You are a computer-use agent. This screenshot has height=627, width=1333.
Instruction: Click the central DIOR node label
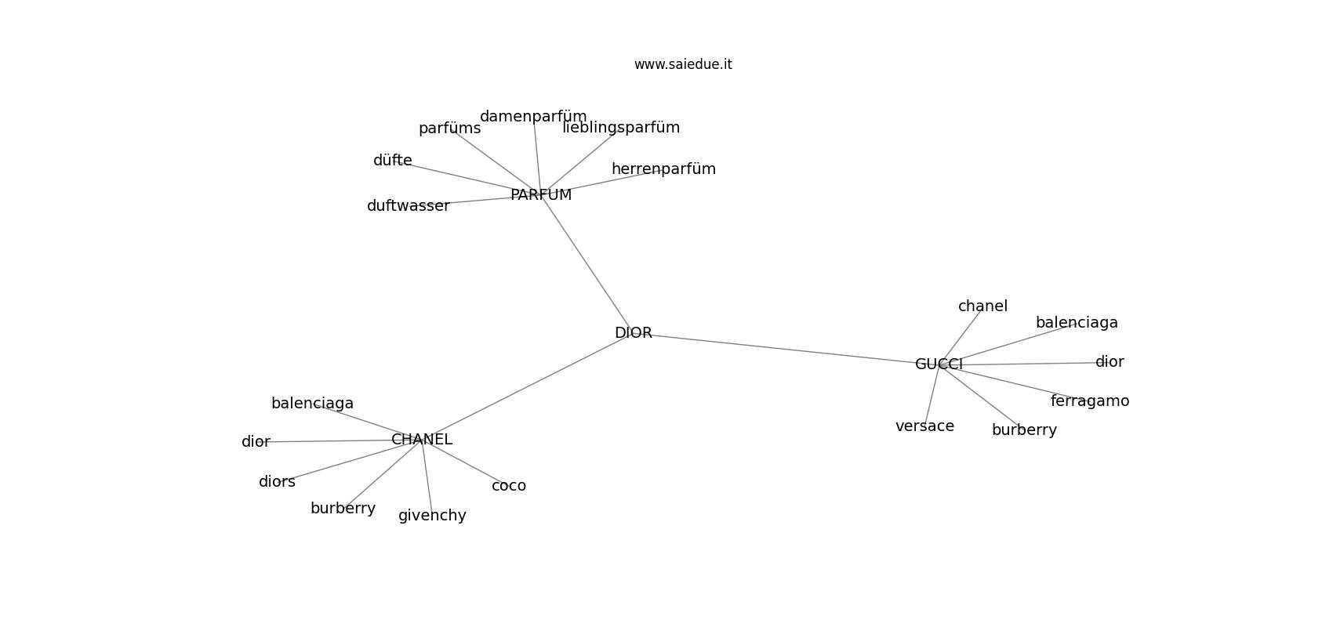(x=634, y=333)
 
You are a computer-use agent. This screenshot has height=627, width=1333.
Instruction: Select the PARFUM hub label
(x=541, y=195)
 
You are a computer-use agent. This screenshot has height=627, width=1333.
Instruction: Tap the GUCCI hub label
(x=939, y=364)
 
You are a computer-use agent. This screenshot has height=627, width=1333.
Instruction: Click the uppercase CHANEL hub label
(x=422, y=440)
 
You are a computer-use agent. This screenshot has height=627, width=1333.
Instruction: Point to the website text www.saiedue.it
(x=683, y=64)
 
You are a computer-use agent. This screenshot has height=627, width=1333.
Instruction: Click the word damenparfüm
(x=533, y=117)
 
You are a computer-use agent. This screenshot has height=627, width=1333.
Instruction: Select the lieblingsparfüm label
(x=621, y=128)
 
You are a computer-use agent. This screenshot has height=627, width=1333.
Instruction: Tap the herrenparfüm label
(x=663, y=169)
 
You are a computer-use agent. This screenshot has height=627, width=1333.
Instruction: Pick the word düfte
(x=393, y=161)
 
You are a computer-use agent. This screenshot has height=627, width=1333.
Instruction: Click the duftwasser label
(x=409, y=206)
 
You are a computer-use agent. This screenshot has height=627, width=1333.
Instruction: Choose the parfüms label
(x=449, y=129)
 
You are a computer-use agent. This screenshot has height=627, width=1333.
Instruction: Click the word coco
(x=509, y=486)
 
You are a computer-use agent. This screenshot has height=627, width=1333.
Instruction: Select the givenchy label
(x=432, y=516)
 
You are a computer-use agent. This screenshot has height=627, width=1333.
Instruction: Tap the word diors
(x=277, y=482)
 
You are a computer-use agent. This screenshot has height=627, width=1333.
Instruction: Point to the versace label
(x=924, y=426)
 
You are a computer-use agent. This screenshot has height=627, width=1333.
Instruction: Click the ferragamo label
(x=1090, y=401)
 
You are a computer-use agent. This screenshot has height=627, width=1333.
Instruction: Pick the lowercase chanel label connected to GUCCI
(x=982, y=306)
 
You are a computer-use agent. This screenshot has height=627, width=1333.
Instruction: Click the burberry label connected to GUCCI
(x=1024, y=430)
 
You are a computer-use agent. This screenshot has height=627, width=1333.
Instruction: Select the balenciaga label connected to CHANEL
(x=312, y=404)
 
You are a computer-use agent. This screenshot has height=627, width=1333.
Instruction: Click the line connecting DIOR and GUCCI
(x=784, y=348)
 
